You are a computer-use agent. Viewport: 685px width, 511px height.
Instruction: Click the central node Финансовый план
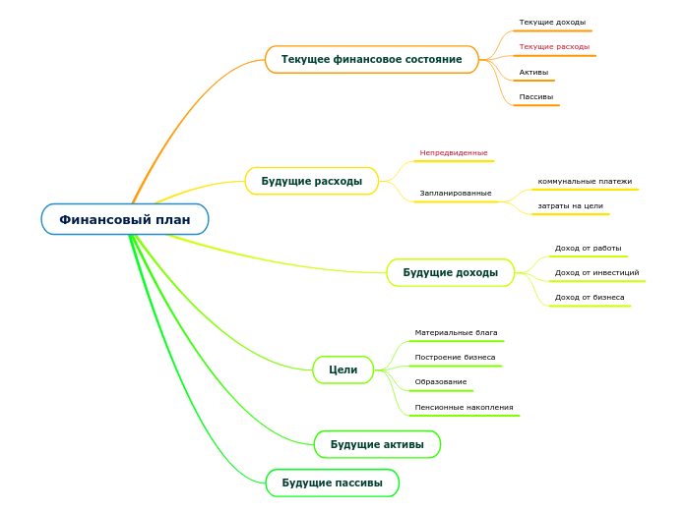(125, 219)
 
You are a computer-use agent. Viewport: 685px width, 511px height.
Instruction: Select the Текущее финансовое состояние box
(371, 60)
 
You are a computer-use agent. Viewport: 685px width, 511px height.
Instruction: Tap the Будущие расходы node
(311, 181)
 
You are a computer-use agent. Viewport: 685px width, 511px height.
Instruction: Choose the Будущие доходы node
(450, 272)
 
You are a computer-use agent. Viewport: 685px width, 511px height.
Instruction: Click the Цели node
(342, 369)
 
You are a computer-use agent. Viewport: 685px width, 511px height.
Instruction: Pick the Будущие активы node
(377, 444)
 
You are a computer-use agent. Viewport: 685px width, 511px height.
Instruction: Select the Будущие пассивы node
(332, 483)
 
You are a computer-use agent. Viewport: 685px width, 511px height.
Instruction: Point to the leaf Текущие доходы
(552, 22)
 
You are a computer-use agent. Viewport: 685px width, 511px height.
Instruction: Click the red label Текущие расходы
(554, 46)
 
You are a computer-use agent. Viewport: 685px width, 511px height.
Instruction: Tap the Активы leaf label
(533, 72)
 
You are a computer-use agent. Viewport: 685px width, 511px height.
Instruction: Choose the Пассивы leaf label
(535, 96)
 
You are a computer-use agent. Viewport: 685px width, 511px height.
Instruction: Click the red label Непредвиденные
(454, 152)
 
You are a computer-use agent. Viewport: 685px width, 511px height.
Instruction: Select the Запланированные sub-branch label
(455, 193)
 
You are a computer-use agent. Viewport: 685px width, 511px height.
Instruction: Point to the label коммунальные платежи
(585, 181)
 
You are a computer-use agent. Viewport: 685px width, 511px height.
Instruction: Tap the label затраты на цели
(570, 205)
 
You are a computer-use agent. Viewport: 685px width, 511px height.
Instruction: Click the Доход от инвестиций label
(596, 272)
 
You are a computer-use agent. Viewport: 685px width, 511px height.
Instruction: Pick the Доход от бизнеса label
(589, 297)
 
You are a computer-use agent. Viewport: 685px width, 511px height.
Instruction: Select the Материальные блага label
(456, 332)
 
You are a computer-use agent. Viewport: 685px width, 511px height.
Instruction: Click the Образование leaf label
(441, 381)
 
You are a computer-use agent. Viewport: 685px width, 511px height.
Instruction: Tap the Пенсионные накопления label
(464, 407)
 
